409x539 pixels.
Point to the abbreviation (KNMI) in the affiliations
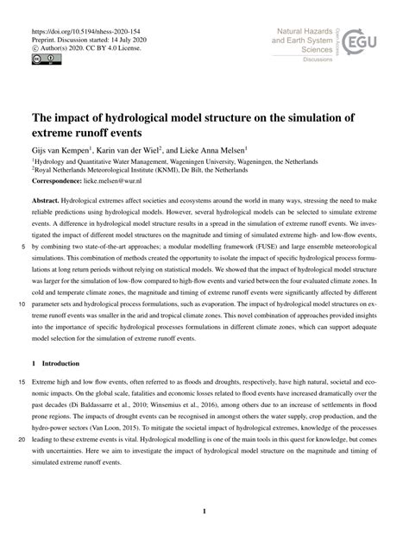coord(188,170)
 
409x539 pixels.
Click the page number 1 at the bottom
coord(204,511)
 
